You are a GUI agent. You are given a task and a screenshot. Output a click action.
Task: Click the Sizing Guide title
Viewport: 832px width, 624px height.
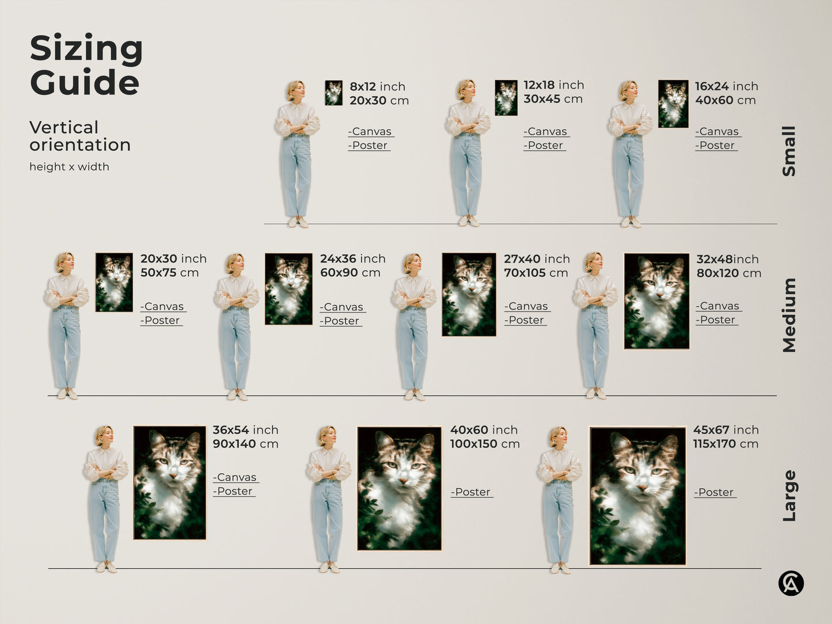coord(86,65)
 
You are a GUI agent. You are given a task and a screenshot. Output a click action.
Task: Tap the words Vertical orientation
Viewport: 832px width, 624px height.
coord(79,136)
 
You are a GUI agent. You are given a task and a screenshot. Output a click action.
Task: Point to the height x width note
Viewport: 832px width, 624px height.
coord(69,167)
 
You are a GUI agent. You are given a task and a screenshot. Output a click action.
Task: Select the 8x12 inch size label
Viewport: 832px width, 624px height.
coord(377,86)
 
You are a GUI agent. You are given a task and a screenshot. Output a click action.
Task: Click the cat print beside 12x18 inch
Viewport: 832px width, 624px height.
coord(506,97)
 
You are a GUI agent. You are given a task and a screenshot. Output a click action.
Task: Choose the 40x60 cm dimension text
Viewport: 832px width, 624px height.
coord(725,100)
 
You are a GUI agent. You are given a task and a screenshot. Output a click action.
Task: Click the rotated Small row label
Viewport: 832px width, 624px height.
coord(789,151)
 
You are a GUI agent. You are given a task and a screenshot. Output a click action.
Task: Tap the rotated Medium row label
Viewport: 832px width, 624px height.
coord(789,315)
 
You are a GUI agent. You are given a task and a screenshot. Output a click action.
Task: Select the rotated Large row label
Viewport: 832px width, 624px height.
coord(789,496)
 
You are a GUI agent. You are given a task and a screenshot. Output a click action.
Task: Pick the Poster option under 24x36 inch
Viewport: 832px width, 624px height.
coord(341,321)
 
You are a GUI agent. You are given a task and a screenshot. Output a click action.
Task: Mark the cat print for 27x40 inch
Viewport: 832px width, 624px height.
coord(469,294)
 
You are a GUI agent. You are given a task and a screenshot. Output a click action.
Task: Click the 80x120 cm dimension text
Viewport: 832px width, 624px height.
coord(728,273)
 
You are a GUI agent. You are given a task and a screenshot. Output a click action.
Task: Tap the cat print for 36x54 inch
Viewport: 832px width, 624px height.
coord(169,482)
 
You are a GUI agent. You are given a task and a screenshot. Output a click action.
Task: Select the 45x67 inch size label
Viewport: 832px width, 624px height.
coord(725,430)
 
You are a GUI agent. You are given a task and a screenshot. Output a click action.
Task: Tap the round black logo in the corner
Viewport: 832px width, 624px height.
coord(791,583)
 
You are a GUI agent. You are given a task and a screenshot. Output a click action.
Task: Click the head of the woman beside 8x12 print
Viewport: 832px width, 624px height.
coord(295,90)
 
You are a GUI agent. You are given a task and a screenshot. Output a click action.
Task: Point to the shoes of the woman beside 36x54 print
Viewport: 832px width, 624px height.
coord(107,567)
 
